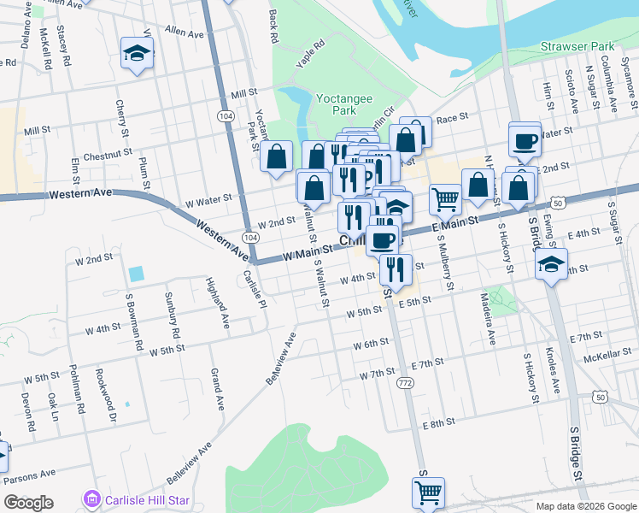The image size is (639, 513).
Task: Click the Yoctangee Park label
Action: [x=344, y=104]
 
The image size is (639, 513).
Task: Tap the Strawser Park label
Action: [x=577, y=45]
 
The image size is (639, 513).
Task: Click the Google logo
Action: [x=28, y=502]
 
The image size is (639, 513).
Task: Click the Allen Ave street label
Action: [x=185, y=32]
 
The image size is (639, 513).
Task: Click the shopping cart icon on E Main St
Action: [x=444, y=198]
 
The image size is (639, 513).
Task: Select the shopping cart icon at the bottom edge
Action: [x=428, y=492]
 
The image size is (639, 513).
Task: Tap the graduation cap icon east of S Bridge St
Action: [x=551, y=264]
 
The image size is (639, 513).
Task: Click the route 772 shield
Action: [x=406, y=386]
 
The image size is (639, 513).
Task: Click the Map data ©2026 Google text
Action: [x=585, y=506]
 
